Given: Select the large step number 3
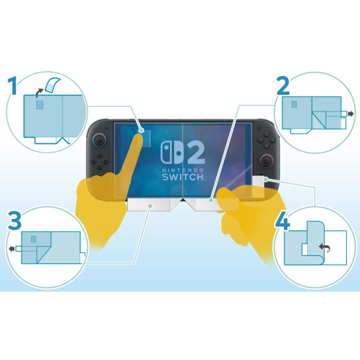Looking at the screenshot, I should click(x=14, y=221).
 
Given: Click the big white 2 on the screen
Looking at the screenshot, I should click(x=195, y=154).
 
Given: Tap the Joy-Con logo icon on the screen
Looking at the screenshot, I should click(x=170, y=154).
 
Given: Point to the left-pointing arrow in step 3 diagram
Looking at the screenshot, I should click(x=11, y=247).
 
